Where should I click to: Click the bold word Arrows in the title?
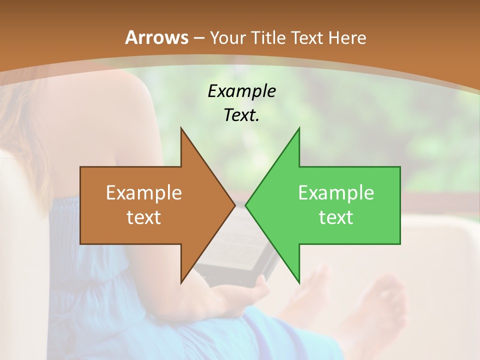[x=157, y=37]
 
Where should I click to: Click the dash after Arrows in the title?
[x=199, y=38]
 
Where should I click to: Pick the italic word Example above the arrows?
[x=242, y=91]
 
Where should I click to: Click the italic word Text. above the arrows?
[x=242, y=115]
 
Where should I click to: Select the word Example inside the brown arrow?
[x=144, y=193]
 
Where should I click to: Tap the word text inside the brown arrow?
[x=144, y=217]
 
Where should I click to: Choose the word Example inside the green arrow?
[x=336, y=193]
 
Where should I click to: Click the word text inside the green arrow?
[x=336, y=217]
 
